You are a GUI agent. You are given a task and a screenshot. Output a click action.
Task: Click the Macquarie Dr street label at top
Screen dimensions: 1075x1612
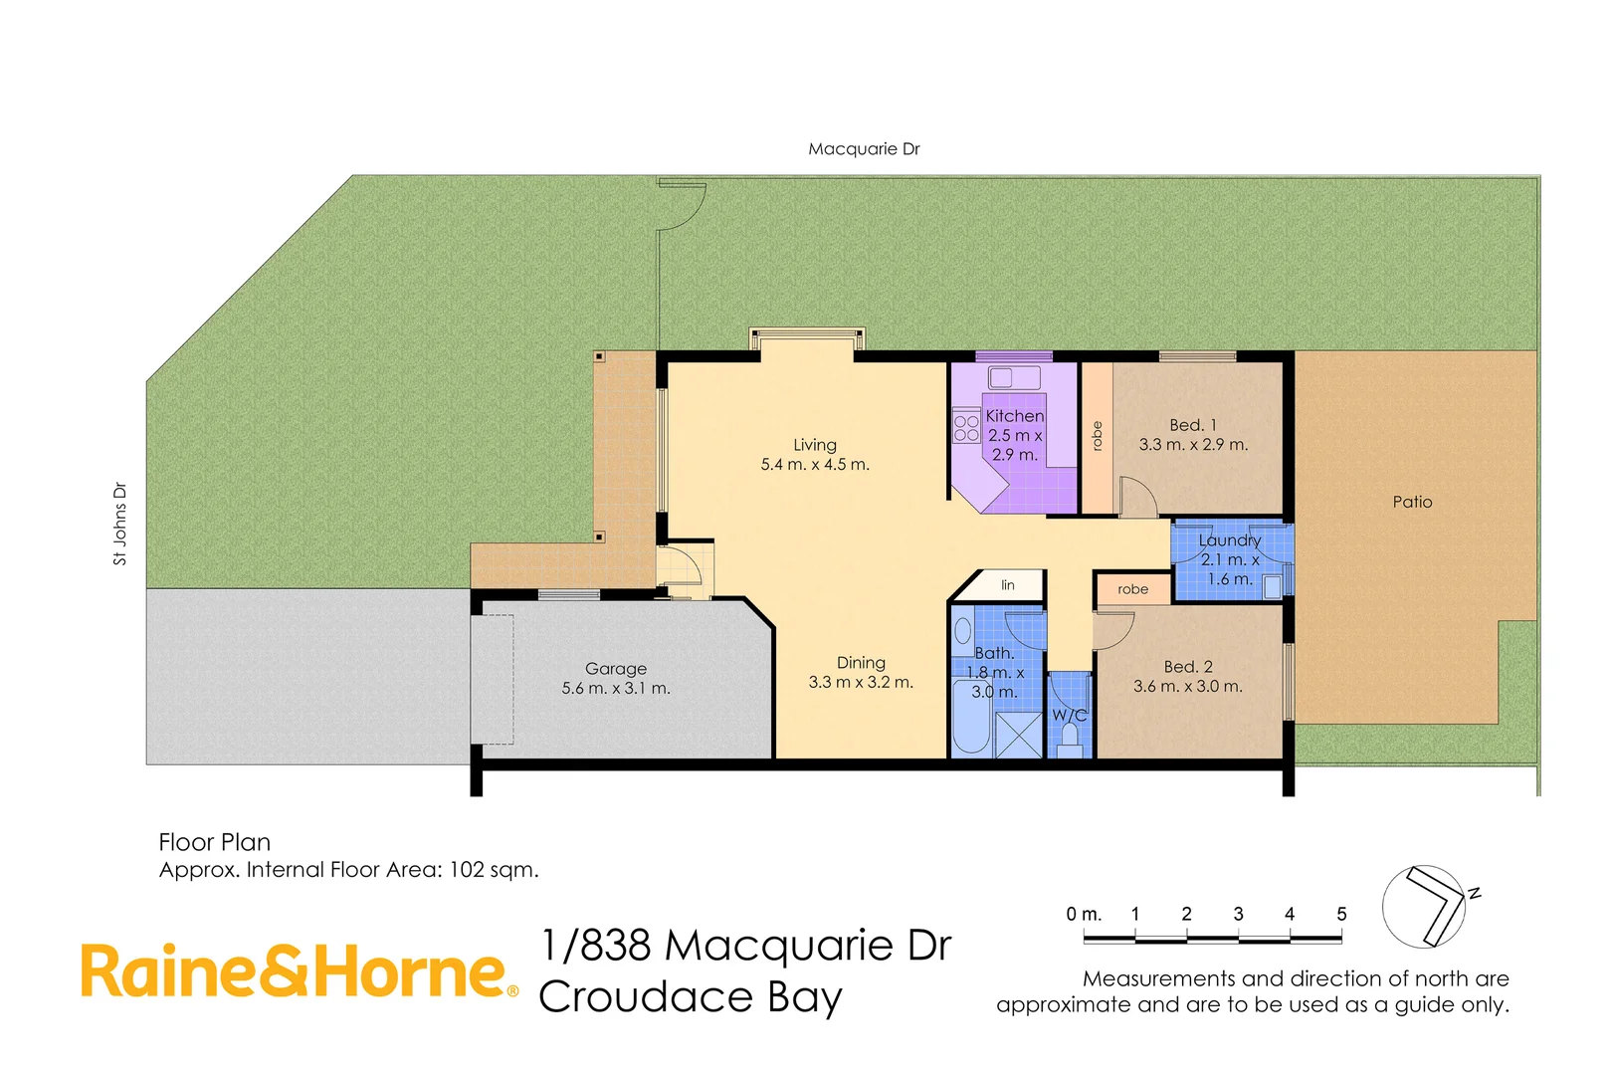[863, 149]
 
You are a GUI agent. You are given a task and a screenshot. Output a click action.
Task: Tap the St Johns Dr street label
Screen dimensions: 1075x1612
[120, 525]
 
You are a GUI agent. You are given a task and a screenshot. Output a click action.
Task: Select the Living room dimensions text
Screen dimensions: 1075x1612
[814, 465]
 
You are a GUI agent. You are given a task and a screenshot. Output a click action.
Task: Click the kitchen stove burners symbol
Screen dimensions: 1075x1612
[966, 428]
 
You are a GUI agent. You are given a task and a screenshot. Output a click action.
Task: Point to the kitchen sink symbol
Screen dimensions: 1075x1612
[1013, 377]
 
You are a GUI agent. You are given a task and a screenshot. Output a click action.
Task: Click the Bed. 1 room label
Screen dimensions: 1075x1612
[1192, 425]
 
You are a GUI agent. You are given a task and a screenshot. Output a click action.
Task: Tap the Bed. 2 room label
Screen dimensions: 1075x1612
[1187, 667]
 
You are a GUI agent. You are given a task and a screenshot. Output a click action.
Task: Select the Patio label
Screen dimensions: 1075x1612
[1411, 503]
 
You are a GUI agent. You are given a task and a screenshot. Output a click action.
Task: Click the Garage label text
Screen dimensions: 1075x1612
[615, 669]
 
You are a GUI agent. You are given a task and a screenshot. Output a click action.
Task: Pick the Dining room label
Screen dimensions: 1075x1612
[860, 663]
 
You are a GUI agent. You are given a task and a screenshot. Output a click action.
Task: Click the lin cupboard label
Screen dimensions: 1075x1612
[1007, 585]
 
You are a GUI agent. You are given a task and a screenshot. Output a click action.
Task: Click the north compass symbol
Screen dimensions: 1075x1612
[1425, 907]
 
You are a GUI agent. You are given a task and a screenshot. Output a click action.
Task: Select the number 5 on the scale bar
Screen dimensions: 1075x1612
[1340, 914]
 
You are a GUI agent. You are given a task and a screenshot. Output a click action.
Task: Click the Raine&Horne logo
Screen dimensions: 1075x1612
[299, 972]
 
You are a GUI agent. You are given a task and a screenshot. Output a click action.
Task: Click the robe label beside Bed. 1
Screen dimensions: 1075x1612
[1097, 436]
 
